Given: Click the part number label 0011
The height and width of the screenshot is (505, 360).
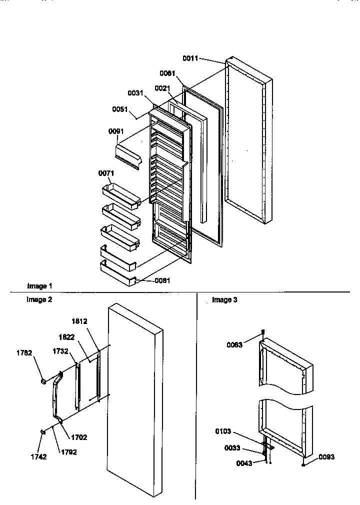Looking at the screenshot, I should pyautogui.click(x=190, y=58).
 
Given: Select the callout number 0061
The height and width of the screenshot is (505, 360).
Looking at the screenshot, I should pyautogui.click(x=167, y=73).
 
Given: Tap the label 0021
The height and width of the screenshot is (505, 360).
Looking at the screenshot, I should pyautogui.click(x=161, y=88).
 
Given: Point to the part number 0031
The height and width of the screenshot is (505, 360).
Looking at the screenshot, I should pyautogui.click(x=135, y=92).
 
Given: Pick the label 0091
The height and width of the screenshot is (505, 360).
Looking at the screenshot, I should pyautogui.click(x=116, y=131).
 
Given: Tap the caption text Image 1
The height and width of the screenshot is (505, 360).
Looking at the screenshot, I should pyautogui.click(x=39, y=286).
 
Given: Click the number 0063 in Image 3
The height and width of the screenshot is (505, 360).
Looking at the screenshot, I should pyautogui.click(x=234, y=345).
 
